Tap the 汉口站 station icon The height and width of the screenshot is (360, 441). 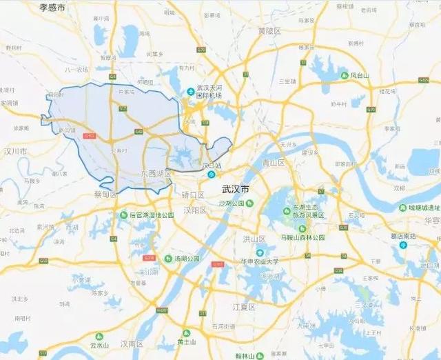[201, 175]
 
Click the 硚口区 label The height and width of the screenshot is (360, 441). [193, 196]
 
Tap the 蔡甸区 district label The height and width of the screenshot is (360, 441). [105, 194]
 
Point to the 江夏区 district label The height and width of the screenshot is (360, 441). [244, 306]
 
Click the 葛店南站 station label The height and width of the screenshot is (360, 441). [404, 236]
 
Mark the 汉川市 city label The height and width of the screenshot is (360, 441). [14, 150]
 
